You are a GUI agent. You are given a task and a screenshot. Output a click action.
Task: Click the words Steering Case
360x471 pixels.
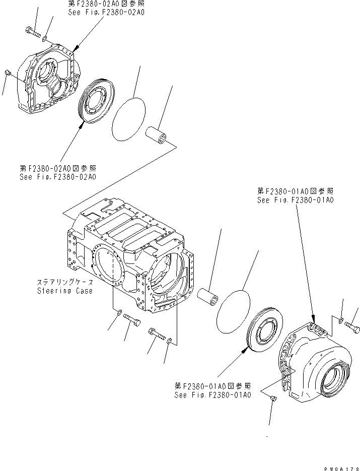[64, 291]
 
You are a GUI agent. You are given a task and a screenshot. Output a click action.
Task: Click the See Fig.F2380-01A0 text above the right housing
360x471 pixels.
[294, 200]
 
